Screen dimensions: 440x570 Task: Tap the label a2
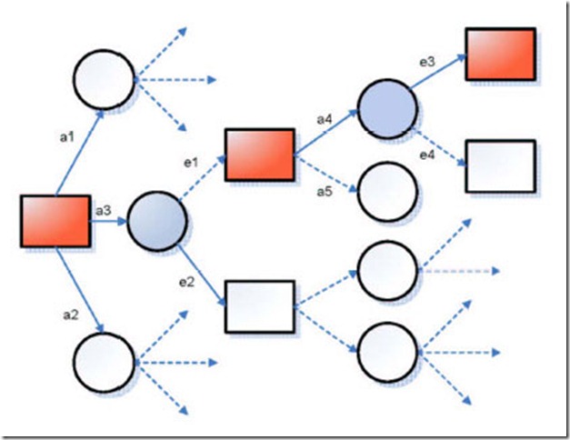[x=68, y=314]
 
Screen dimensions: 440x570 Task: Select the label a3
[x=103, y=211]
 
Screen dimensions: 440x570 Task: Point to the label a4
[x=325, y=118]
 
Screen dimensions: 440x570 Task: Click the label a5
[x=324, y=190]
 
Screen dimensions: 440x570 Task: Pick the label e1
[x=190, y=163]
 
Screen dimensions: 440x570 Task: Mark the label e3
[x=425, y=61]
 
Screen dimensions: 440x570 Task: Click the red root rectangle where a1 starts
[x=55, y=221]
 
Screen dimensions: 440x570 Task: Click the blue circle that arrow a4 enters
[x=387, y=108]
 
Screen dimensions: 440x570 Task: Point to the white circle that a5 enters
[x=387, y=193]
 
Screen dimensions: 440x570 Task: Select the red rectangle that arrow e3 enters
[x=500, y=54]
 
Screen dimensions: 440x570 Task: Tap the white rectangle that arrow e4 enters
[x=500, y=166]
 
